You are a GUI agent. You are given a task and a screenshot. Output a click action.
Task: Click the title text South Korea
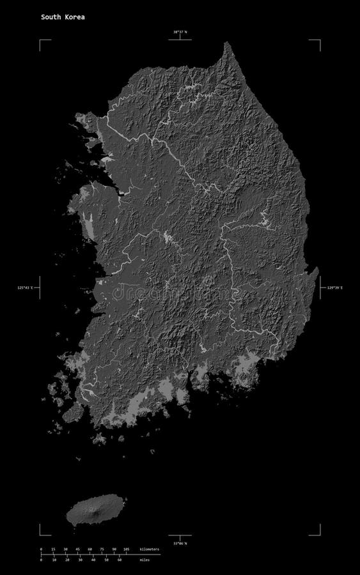63,17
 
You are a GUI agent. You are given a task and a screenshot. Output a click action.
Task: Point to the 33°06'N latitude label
180,544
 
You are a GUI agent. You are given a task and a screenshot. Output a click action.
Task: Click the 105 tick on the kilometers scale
126,549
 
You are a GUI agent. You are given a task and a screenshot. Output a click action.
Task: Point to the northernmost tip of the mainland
227,43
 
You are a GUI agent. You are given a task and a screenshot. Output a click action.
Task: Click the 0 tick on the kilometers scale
41,549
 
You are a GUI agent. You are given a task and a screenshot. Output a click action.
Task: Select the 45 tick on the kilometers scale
77,549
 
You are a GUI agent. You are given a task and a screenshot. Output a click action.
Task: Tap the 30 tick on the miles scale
80,560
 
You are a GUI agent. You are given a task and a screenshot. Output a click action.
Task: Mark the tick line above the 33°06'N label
180,537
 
